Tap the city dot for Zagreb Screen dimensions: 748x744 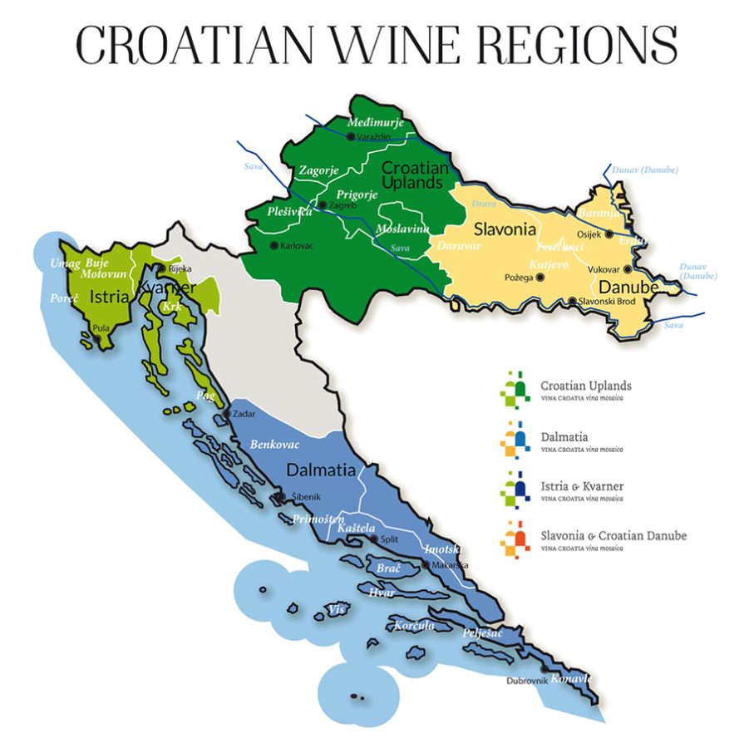click(x=323, y=204)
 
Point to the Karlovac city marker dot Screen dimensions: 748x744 click(x=274, y=245)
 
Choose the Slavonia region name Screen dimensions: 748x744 click(x=504, y=229)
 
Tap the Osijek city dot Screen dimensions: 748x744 click(x=609, y=234)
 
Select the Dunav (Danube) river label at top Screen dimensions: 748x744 click(x=644, y=170)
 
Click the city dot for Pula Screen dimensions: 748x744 click(x=99, y=339)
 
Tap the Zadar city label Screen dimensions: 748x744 click(x=244, y=413)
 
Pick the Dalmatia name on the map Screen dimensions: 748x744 click(x=321, y=470)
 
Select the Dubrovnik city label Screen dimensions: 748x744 click(x=525, y=682)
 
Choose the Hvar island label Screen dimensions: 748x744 click(x=382, y=592)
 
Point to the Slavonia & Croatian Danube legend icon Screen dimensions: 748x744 click(x=515, y=540)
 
